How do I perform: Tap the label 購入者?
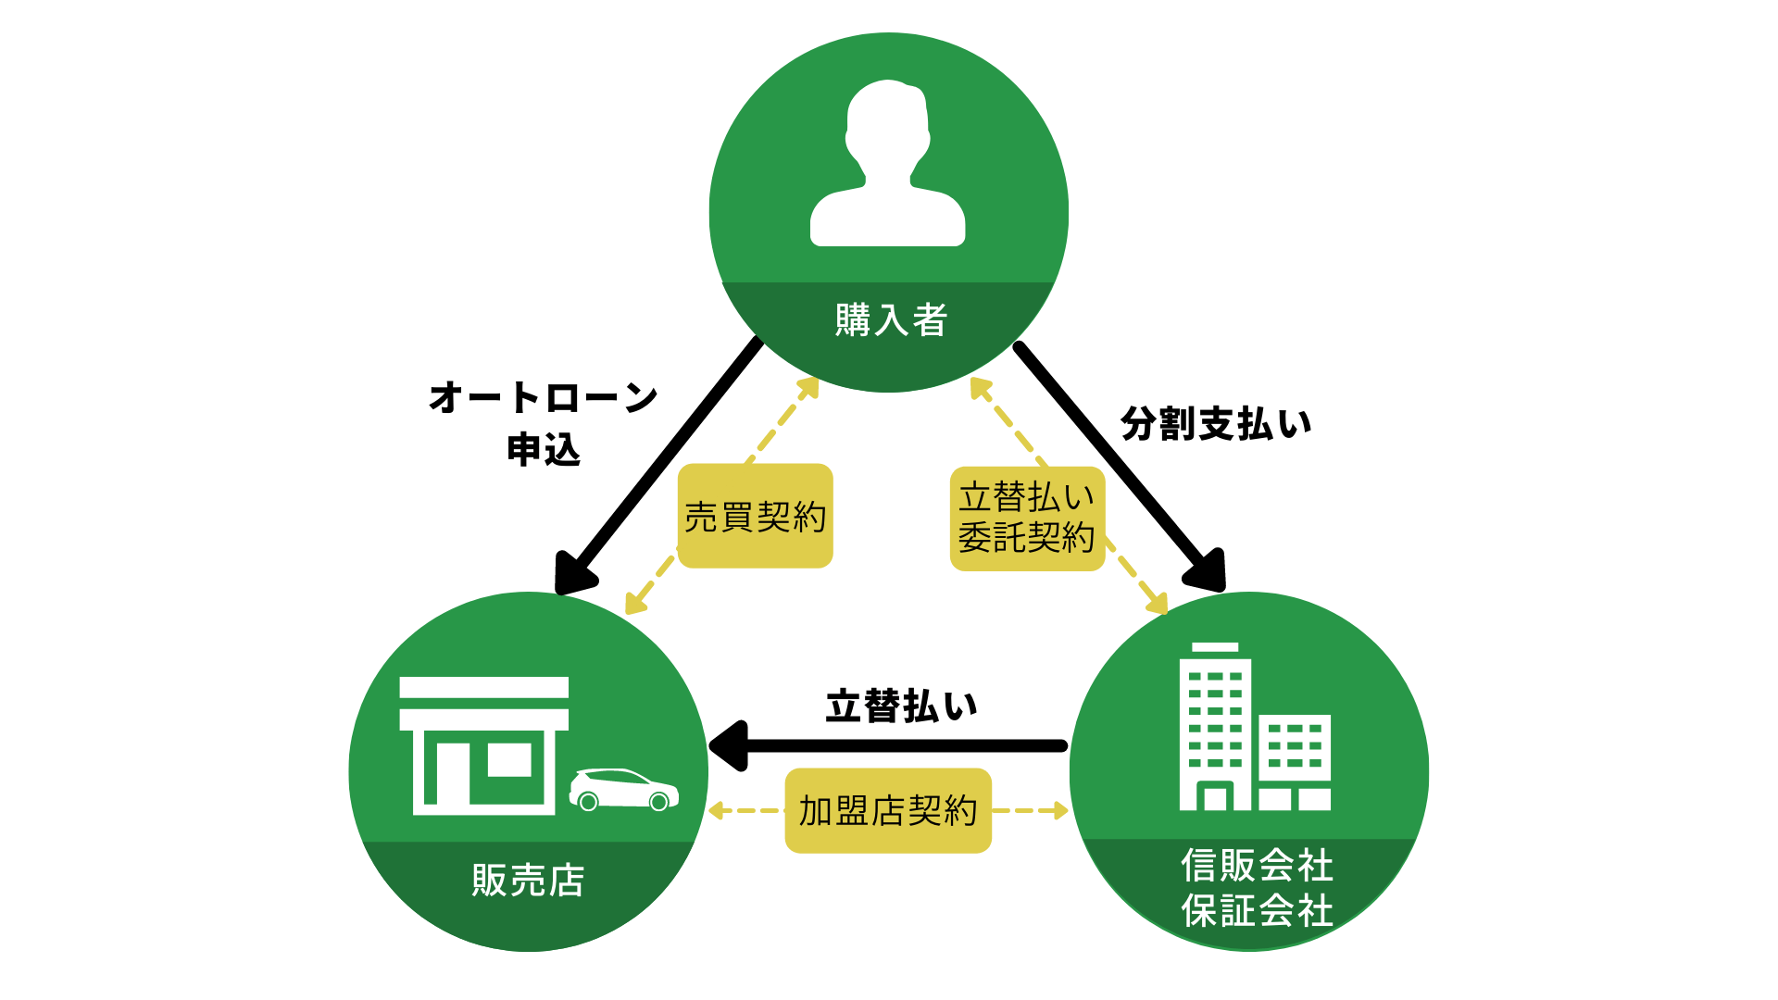click(891, 320)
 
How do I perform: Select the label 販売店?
click(528, 880)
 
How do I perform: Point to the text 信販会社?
click(1257, 866)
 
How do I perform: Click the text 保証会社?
click(1257, 911)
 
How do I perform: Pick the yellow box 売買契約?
click(755, 516)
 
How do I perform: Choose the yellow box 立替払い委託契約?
click(1027, 519)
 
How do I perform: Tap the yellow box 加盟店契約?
click(888, 810)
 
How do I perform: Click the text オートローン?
click(543, 398)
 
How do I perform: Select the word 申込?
click(544, 450)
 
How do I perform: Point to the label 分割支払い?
click(1216, 424)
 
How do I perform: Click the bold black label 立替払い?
click(901, 706)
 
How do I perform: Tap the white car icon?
click(623, 790)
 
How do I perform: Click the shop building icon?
click(483, 745)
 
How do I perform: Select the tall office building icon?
click(1215, 727)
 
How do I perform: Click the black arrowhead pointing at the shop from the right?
click(730, 745)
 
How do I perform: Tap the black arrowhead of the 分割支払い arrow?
click(1208, 571)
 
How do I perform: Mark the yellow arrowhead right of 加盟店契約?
click(1059, 811)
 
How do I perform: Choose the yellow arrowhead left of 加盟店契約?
click(716, 811)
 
